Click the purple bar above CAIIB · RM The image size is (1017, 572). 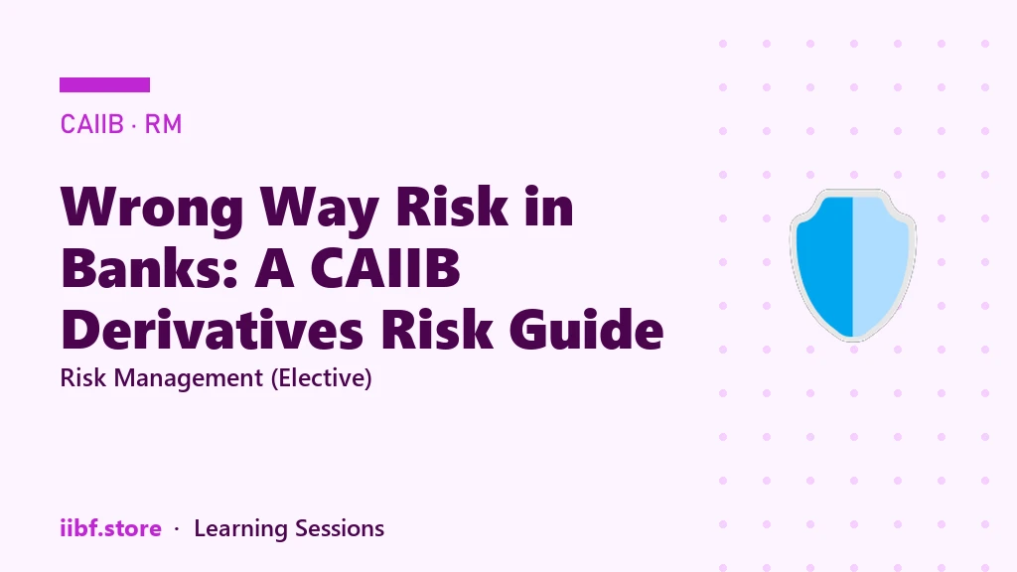click(104, 85)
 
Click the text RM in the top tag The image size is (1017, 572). click(163, 124)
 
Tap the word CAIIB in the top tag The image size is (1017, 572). click(91, 124)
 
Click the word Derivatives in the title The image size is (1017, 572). click(212, 329)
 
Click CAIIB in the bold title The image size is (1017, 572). click(385, 267)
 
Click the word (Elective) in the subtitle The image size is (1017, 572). click(322, 378)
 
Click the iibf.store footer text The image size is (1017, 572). click(110, 528)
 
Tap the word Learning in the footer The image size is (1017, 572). click(240, 529)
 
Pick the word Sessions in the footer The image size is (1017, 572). click(340, 528)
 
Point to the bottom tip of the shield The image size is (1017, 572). click(853, 340)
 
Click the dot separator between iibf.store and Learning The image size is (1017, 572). click(177, 530)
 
